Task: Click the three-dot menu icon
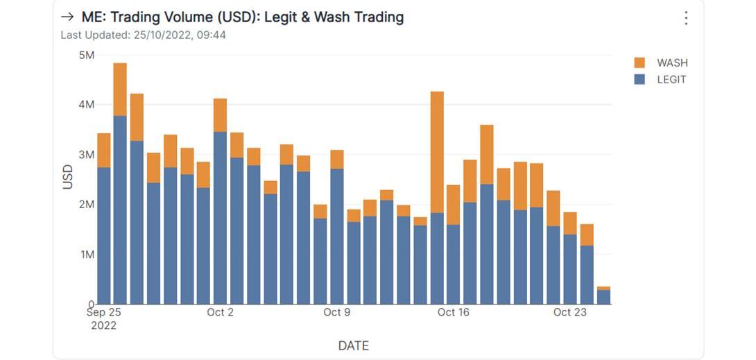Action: pyautogui.click(x=685, y=18)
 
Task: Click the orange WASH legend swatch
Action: pyautogui.click(x=639, y=62)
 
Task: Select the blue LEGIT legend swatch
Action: pyautogui.click(x=639, y=80)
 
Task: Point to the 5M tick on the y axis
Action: pyautogui.click(x=87, y=55)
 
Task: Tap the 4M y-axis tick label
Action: pyautogui.click(x=87, y=105)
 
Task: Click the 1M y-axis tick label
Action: pyautogui.click(x=87, y=255)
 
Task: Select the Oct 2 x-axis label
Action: pyautogui.click(x=220, y=312)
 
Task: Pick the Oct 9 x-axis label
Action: pyautogui.click(x=336, y=312)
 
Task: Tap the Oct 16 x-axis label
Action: pyautogui.click(x=453, y=312)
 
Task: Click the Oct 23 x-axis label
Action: pyautogui.click(x=569, y=312)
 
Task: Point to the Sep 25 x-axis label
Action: pyautogui.click(x=103, y=312)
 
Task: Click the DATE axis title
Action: pyautogui.click(x=353, y=345)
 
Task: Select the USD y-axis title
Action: pyautogui.click(x=68, y=177)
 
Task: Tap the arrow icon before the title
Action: pyautogui.click(x=67, y=17)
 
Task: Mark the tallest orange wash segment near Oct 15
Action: pyautogui.click(x=437, y=152)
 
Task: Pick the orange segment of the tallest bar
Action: pyautogui.click(x=120, y=89)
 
